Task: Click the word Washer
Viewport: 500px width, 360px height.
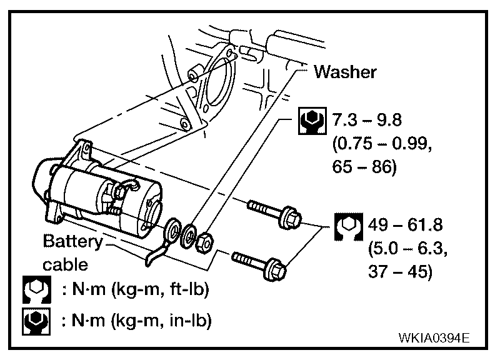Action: tap(345, 72)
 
